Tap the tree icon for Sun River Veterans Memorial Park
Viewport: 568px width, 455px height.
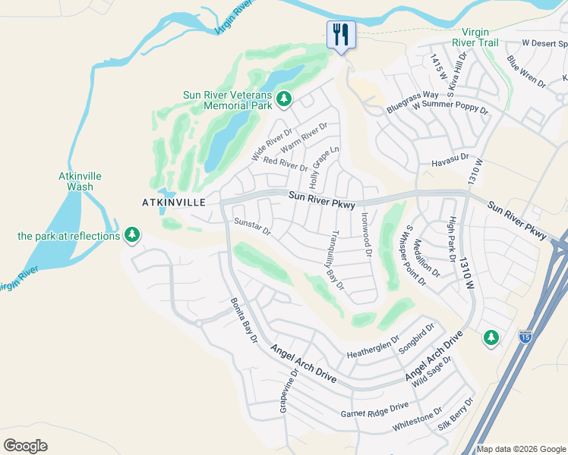tap(284, 99)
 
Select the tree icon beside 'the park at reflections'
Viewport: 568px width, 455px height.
tap(132, 235)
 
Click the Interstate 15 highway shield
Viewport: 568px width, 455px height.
tap(525, 334)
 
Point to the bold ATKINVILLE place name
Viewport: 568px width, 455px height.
tap(174, 202)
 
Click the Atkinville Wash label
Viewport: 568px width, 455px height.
tap(80, 181)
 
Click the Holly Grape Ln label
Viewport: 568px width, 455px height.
tap(324, 168)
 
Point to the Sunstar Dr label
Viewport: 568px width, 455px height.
tap(252, 226)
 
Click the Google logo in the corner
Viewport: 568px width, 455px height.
tap(25, 446)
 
